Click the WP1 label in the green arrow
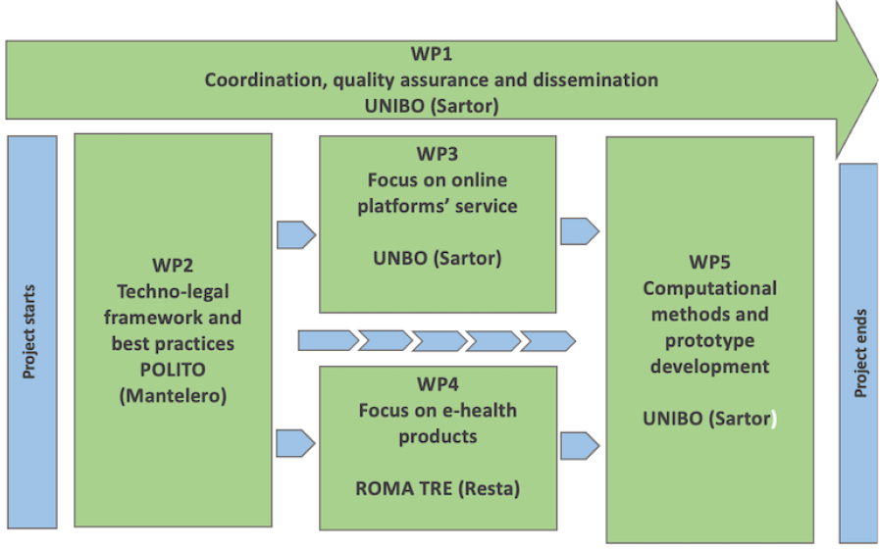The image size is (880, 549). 431,55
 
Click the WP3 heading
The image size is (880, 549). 438,154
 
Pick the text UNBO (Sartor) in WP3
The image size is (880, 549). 438,259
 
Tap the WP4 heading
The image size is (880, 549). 438,383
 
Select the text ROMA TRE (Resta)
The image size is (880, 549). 438,487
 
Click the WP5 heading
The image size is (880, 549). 709,263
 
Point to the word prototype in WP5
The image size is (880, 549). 709,341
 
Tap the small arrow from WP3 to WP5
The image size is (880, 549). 580,231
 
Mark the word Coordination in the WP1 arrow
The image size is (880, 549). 261,80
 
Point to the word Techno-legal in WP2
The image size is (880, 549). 172,291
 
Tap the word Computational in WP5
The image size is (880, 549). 709,289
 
